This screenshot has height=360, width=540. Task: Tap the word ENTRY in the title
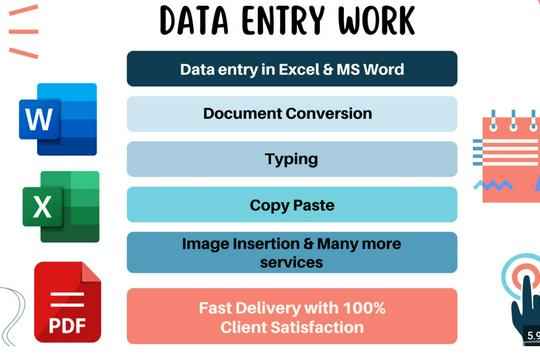coord(285,20)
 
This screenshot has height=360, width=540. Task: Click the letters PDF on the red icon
coord(65,325)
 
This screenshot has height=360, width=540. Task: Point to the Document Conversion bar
coord(292,114)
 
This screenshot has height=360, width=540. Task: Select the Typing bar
coord(292,159)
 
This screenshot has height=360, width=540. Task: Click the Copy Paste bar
coord(292,205)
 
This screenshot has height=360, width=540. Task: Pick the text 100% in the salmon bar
coord(364,308)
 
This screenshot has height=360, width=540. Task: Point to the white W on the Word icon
coord(39,120)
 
